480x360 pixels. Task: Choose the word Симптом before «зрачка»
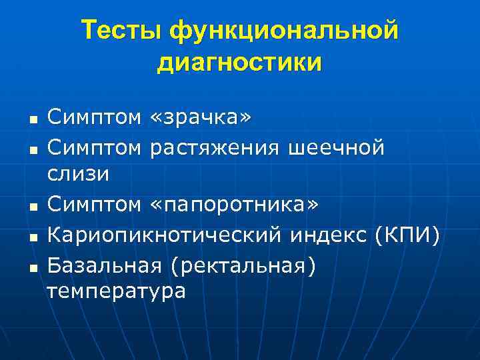[x=94, y=119]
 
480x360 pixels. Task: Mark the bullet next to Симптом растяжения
[x=32, y=152]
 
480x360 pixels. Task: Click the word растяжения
[x=215, y=148]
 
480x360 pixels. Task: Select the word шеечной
[x=337, y=148]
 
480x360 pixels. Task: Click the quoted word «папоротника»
[x=234, y=206]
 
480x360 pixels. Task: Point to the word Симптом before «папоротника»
[x=94, y=206]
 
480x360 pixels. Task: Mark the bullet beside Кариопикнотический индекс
[x=32, y=239]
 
